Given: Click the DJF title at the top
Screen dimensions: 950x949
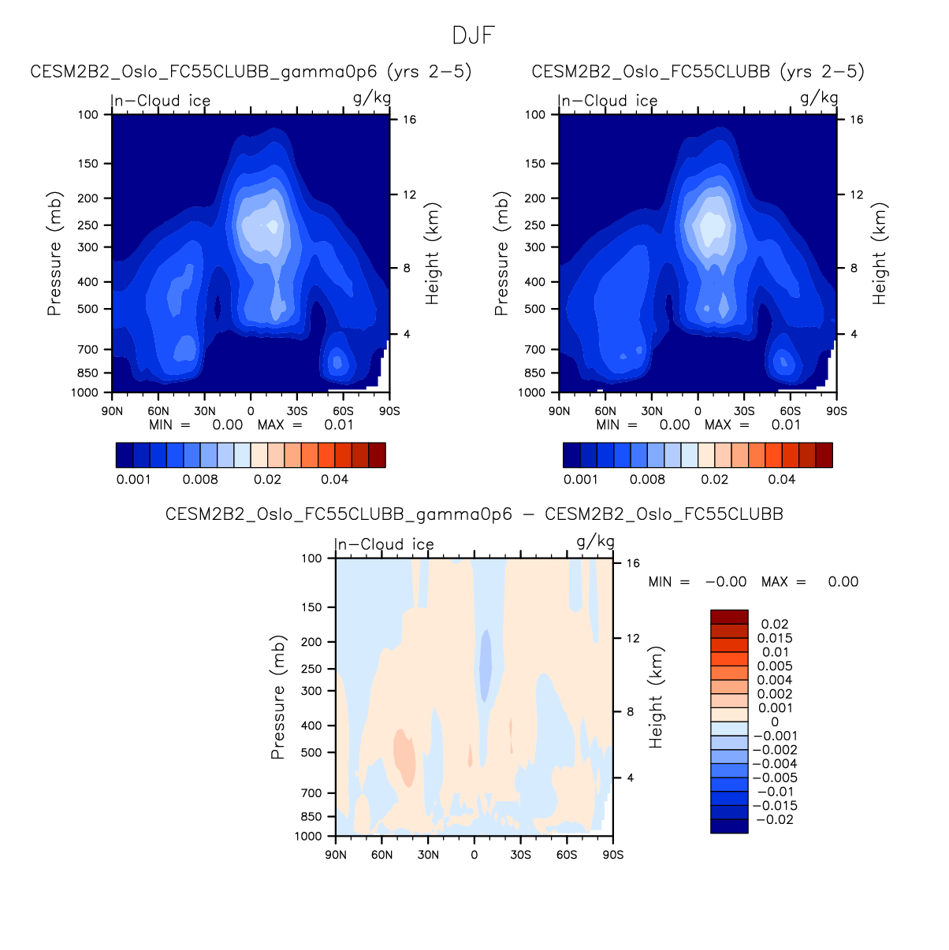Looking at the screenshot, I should [x=473, y=36].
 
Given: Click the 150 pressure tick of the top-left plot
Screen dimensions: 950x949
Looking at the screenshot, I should [x=88, y=164].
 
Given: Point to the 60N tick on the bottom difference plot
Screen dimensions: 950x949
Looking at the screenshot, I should [x=381, y=855].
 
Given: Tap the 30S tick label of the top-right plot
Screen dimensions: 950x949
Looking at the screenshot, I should [x=744, y=411].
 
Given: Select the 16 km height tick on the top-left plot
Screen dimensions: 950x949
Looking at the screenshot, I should [x=410, y=120].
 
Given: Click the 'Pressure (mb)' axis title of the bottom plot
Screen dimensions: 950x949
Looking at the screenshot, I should [x=277, y=697].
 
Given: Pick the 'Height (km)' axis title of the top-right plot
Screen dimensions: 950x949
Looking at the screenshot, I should [x=880, y=254].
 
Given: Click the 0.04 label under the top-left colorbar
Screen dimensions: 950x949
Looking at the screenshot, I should [x=334, y=479].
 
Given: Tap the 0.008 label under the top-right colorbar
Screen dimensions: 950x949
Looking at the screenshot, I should [x=646, y=479].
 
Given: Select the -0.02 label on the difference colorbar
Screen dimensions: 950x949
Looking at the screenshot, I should [x=775, y=819].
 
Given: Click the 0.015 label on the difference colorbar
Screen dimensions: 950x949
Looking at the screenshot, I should [x=775, y=638].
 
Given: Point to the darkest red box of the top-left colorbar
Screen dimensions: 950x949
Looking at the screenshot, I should [x=377, y=455].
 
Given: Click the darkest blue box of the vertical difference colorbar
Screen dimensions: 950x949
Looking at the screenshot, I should [x=729, y=826].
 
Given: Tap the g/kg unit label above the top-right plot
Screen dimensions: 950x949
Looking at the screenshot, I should [x=819, y=98].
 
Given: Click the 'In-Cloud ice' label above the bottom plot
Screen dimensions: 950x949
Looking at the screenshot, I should [x=385, y=544].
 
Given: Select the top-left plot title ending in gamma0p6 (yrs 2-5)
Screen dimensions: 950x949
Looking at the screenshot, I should [x=251, y=72].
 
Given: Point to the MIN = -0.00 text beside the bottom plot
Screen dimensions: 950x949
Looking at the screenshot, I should [x=697, y=582].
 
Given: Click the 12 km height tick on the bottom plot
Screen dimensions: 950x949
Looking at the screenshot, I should [x=633, y=638].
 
